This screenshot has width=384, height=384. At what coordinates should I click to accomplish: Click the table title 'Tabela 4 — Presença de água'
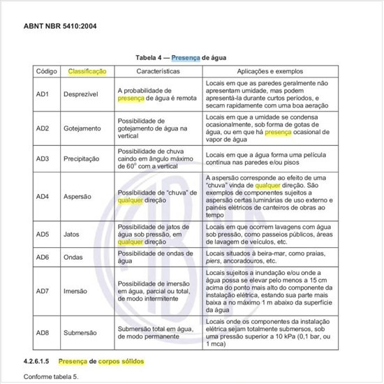click(191, 59)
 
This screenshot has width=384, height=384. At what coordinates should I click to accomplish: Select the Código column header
click(46, 72)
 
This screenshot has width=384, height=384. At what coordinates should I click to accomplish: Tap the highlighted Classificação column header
click(87, 72)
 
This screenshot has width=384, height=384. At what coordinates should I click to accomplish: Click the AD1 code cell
click(43, 94)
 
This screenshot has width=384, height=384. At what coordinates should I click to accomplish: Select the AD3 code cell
click(43, 159)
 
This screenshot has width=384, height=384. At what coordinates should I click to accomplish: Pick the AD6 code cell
click(43, 257)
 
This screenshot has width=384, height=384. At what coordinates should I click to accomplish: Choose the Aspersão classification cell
click(77, 197)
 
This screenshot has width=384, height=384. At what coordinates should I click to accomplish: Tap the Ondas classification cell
click(74, 257)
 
